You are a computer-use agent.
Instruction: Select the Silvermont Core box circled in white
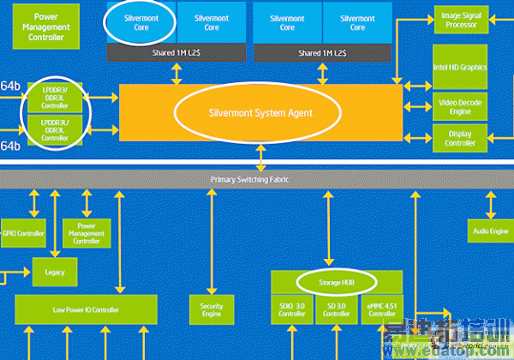[140, 22]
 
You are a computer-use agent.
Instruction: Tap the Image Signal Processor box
[460, 21]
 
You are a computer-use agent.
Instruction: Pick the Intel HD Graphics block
[460, 67]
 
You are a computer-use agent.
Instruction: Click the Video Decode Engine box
[460, 107]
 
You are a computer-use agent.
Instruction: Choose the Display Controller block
[460, 137]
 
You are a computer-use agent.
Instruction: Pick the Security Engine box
[211, 309]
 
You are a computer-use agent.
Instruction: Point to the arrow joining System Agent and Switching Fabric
[260, 157]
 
